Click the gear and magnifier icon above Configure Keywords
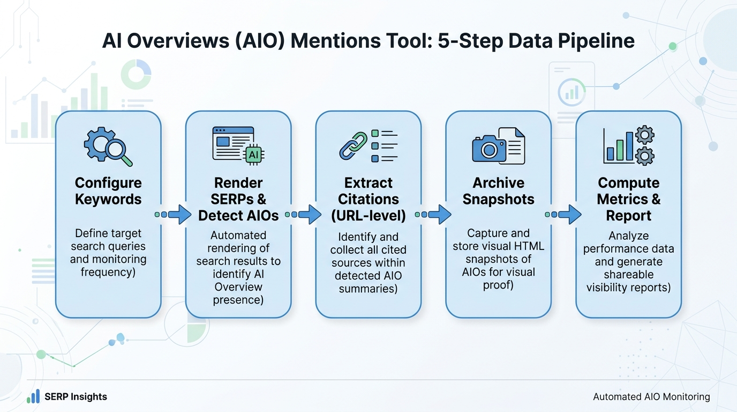point(108,146)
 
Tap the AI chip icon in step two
point(253,154)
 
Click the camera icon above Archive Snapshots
point(488,148)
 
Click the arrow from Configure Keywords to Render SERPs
point(173,214)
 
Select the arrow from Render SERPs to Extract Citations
point(303,214)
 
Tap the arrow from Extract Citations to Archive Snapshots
point(433,214)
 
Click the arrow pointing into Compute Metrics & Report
point(563,214)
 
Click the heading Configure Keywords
point(108,191)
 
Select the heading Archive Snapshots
point(498,191)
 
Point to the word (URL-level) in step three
point(368,216)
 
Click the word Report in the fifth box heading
point(629,216)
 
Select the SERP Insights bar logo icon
point(33,396)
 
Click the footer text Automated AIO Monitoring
point(651,397)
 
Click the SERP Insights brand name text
point(76,397)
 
